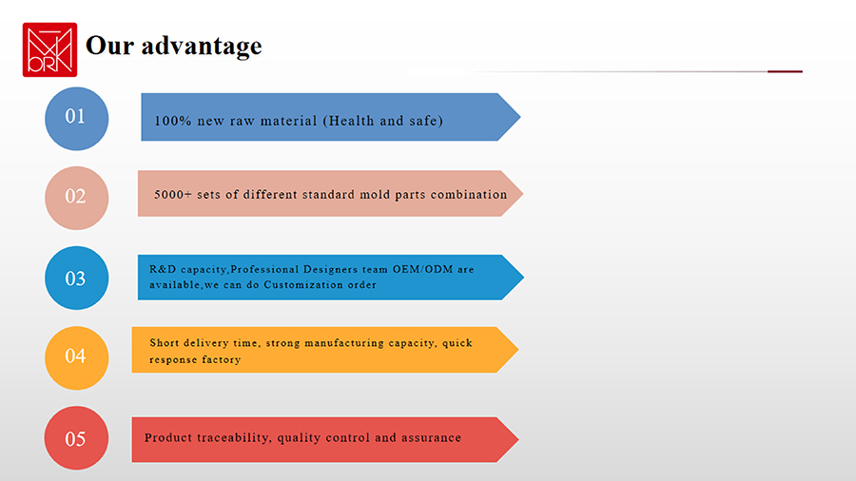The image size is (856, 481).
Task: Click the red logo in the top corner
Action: point(49,49)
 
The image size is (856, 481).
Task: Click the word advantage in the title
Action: point(202,47)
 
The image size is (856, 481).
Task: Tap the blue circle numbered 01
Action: point(76,118)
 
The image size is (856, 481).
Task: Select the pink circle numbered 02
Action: point(76,198)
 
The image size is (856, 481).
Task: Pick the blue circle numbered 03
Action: point(76,279)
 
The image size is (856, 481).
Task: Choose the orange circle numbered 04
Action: point(76,357)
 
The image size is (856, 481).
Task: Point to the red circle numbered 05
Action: point(76,438)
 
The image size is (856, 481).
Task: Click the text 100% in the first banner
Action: point(173,121)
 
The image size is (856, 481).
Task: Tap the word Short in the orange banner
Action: point(165,342)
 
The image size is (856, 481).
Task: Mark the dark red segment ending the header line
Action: point(785,71)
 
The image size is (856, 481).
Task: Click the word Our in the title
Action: point(109,46)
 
